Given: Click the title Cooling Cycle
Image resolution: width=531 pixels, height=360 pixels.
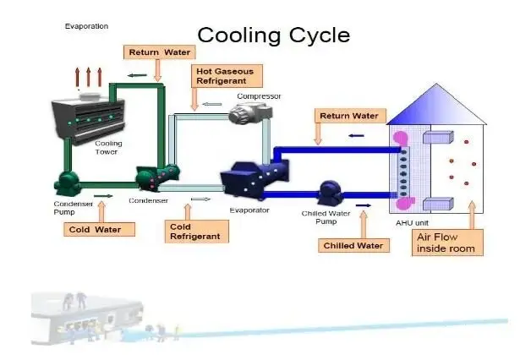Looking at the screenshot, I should [272, 35].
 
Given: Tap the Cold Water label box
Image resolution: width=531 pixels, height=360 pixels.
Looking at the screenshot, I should [99, 229].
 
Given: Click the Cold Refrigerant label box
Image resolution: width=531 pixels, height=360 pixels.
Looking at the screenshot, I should [194, 232].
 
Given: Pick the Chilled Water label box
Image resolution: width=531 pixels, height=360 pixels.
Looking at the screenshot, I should [353, 246].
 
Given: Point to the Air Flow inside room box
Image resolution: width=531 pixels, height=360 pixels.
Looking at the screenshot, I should [448, 243].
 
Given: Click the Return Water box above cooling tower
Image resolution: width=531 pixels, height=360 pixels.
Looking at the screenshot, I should [159, 52].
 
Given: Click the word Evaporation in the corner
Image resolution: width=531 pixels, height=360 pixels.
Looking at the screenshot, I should [86, 26].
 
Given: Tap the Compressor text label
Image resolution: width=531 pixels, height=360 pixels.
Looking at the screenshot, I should [257, 96].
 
